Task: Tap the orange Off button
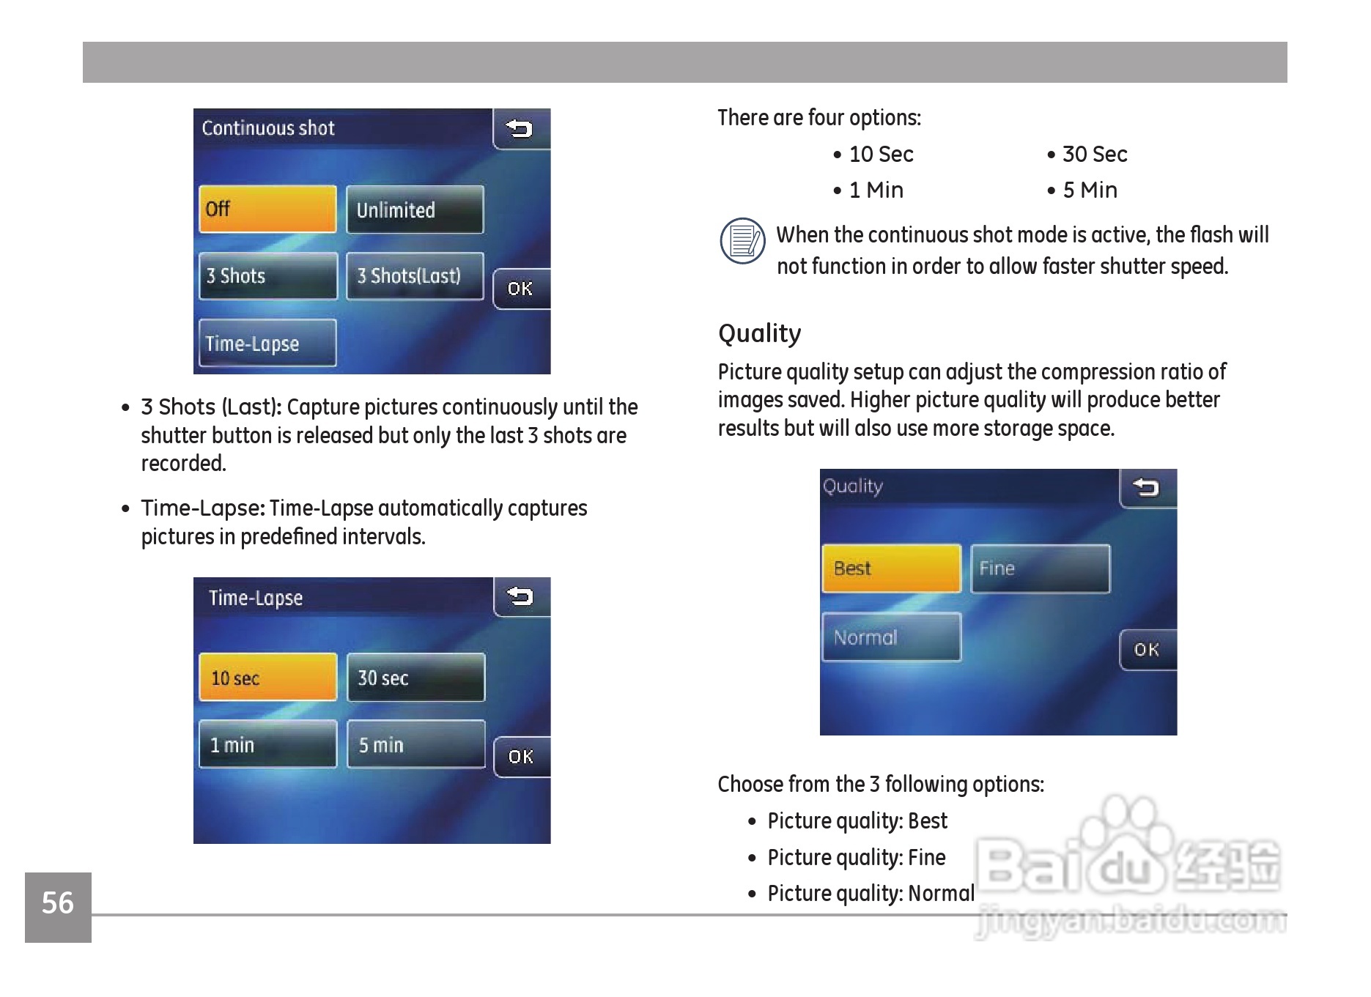267,210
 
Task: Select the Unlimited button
415,210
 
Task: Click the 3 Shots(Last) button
415,276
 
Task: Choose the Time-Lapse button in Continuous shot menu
267,343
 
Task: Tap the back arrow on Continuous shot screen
521,129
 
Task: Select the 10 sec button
268,678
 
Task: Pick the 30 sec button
415,678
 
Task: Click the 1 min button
268,744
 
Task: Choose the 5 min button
415,744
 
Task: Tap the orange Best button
892,568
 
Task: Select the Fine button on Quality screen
1041,568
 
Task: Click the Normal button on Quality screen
892,637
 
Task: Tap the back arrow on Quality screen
1148,488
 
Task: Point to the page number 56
58,903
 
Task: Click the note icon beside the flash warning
743,241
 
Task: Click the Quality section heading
759,333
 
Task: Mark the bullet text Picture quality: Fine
856,858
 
